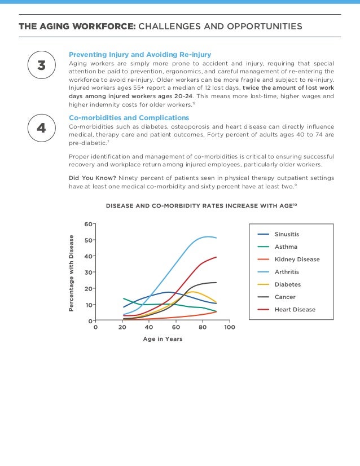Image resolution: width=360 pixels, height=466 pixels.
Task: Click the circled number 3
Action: pyautogui.click(x=41, y=65)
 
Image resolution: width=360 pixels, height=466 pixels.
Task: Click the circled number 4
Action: pyautogui.click(x=41, y=128)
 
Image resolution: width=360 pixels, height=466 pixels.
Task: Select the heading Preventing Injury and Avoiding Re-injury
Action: pyautogui.click(x=140, y=55)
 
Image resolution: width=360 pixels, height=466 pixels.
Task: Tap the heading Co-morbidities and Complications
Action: pyautogui.click(x=129, y=117)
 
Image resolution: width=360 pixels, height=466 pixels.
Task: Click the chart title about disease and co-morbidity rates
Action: pyautogui.click(x=201, y=206)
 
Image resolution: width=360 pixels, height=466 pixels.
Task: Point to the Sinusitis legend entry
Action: pyautogui.click(x=287, y=234)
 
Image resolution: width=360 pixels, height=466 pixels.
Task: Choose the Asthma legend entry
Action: pyautogui.click(x=286, y=247)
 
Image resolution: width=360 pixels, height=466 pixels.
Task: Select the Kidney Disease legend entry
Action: pyautogui.click(x=297, y=260)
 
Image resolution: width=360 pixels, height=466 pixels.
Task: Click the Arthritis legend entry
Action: pyautogui.click(x=287, y=272)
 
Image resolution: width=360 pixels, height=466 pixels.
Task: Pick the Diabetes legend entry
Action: pyautogui.click(x=287, y=284)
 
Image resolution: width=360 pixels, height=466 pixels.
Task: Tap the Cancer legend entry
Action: pyautogui.click(x=285, y=297)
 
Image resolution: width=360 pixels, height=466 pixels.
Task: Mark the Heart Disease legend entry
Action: pyautogui.click(x=295, y=309)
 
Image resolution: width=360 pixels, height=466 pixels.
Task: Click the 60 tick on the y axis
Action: pyautogui.click(x=88, y=224)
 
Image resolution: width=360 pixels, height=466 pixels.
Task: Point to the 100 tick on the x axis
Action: pyautogui.click(x=229, y=327)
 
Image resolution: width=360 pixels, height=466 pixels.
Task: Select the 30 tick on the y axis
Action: pyautogui.click(x=88, y=272)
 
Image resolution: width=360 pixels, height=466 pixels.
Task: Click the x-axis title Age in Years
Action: pyautogui.click(x=163, y=339)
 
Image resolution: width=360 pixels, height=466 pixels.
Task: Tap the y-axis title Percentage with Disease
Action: pyautogui.click(x=72, y=274)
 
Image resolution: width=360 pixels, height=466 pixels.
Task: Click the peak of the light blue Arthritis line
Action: pyautogui.click(x=208, y=236)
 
